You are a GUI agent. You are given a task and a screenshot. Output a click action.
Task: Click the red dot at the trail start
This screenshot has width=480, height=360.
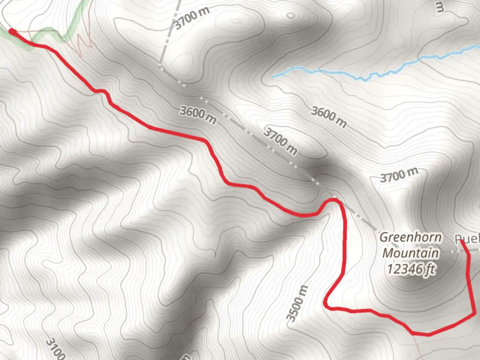12,32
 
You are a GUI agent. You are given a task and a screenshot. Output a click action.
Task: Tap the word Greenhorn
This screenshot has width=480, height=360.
411,238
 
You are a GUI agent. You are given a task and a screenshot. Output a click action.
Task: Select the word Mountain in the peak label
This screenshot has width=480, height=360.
410,253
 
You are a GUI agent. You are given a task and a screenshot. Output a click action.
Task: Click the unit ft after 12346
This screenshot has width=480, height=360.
430,269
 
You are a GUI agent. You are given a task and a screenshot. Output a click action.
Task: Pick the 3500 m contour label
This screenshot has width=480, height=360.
298,304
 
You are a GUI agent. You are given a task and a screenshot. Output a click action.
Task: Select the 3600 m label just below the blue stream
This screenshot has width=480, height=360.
329,117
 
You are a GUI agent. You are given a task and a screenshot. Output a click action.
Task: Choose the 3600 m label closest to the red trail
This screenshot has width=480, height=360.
197,115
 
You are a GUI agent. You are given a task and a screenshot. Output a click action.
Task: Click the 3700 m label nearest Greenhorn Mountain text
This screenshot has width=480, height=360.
399,175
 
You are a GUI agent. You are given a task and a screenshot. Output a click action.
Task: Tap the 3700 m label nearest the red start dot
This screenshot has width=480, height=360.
192,17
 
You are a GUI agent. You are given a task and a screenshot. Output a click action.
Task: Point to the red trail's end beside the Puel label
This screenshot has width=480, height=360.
462,241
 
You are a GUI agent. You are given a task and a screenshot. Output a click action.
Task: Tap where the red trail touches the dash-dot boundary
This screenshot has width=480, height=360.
335,199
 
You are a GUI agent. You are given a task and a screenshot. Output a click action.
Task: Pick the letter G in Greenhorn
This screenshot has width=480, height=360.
384,238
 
